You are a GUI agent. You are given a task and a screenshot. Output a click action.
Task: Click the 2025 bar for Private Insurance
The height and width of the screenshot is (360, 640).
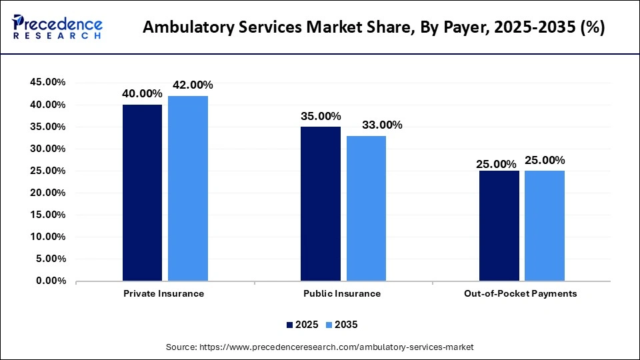pyautogui.click(x=142, y=193)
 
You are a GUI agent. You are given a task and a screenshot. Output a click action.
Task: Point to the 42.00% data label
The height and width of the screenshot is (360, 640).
pyautogui.click(x=193, y=85)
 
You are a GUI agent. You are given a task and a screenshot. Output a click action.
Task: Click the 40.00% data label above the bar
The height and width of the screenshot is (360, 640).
pyautogui.click(x=142, y=93)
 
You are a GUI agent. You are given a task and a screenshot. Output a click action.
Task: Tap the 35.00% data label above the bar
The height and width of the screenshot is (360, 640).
pyautogui.click(x=321, y=115)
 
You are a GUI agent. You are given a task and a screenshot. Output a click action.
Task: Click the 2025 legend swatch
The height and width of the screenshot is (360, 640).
pyautogui.click(x=290, y=325)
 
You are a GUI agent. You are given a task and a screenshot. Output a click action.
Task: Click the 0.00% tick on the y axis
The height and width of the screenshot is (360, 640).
pyautogui.click(x=51, y=281)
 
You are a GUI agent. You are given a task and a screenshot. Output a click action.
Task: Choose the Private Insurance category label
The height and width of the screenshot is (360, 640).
pyautogui.click(x=164, y=293)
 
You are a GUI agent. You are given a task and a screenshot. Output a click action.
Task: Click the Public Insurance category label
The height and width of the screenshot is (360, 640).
pyautogui.click(x=343, y=293)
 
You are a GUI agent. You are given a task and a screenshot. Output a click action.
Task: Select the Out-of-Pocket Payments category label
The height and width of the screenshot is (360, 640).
pyautogui.click(x=521, y=293)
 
